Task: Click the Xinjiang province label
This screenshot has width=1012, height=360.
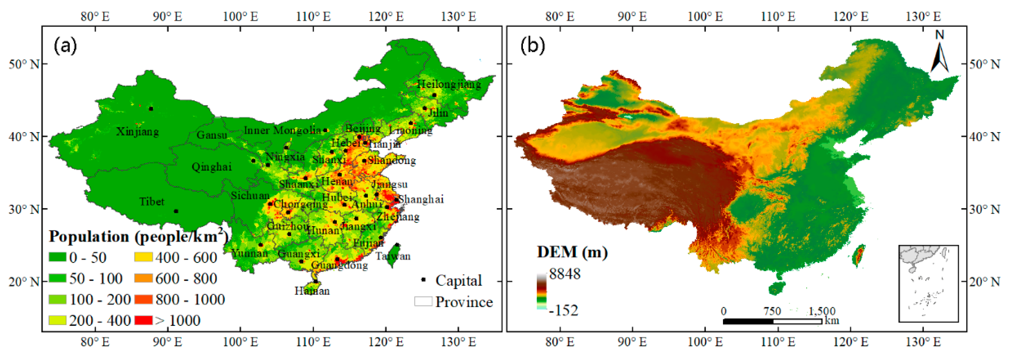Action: click(137, 132)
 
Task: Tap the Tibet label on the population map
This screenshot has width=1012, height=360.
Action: click(152, 202)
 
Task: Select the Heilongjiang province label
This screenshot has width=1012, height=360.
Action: click(449, 84)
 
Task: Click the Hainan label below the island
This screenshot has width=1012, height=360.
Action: click(312, 291)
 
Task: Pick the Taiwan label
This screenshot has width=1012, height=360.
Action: click(393, 257)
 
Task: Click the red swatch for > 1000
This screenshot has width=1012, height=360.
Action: click(143, 320)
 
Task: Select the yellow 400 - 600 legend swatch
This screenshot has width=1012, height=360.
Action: click(143, 258)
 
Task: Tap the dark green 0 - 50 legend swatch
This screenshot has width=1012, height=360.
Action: click(58, 258)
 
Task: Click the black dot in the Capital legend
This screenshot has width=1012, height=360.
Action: click(423, 280)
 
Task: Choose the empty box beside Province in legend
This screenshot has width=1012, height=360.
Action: click(423, 301)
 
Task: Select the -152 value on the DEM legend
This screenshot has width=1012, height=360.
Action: click(564, 311)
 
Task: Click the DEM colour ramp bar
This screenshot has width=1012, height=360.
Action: click(541, 291)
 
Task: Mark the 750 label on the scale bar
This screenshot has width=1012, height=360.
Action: click(772, 311)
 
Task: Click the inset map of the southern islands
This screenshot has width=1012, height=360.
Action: click(928, 283)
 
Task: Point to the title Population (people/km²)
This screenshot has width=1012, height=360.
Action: click(138, 237)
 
